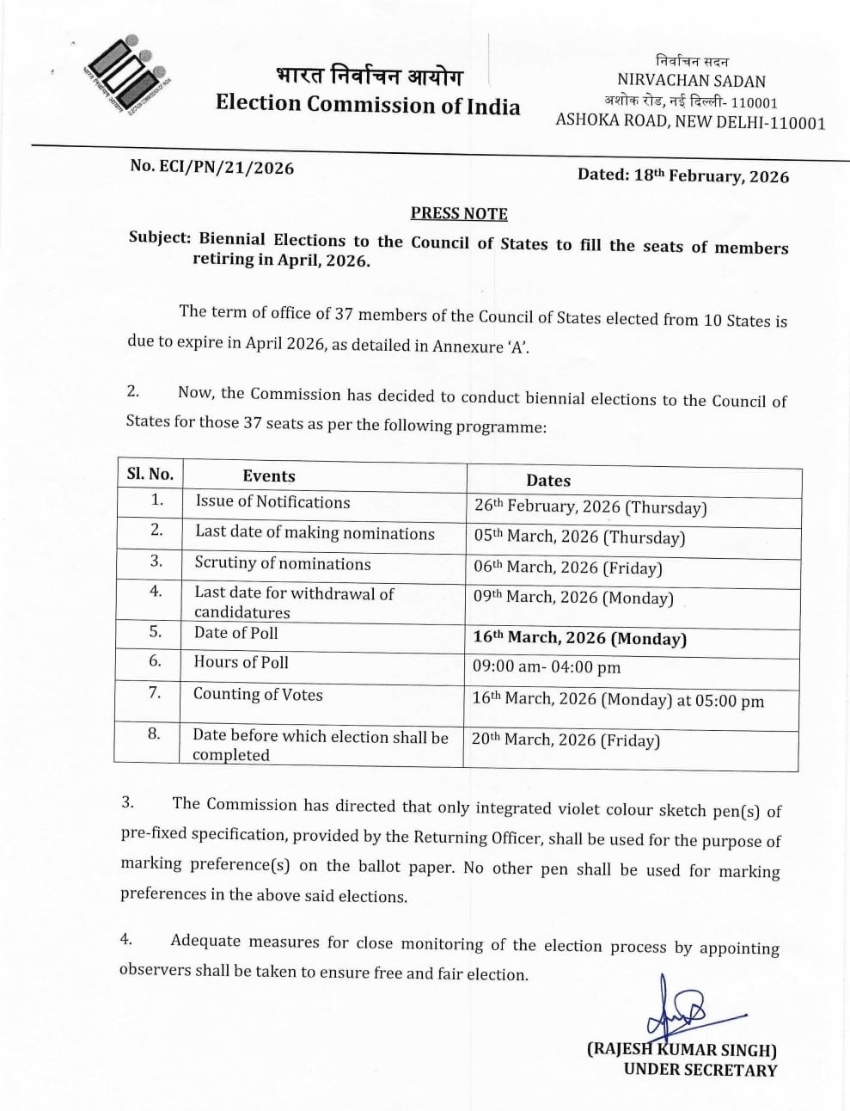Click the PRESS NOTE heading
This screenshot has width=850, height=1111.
(x=459, y=213)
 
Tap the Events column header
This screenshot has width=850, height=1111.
(x=269, y=476)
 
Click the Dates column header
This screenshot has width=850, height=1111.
(x=548, y=481)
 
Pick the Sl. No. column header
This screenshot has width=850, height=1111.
(x=150, y=474)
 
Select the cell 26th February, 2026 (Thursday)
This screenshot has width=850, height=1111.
(x=590, y=507)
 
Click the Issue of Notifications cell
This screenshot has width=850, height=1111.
(x=272, y=502)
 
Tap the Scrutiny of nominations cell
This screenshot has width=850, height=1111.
(x=283, y=564)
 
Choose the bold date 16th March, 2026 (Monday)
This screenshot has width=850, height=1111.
(x=579, y=639)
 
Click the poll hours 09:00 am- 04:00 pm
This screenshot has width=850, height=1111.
(x=547, y=667)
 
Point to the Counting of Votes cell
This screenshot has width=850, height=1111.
(x=258, y=695)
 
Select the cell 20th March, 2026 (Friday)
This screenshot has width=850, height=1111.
(x=566, y=740)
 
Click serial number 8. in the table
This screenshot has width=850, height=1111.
(x=154, y=734)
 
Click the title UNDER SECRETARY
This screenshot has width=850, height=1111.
(x=700, y=1071)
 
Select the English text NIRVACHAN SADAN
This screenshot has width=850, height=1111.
(x=691, y=81)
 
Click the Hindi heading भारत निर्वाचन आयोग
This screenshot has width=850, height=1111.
(x=369, y=77)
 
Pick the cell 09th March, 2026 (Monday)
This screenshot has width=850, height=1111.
(x=573, y=598)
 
